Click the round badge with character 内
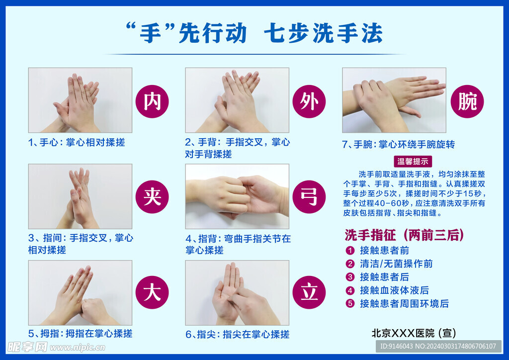click(x=152, y=101)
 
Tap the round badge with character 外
click(x=309, y=101)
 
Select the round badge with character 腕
click(x=467, y=101)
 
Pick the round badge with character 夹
click(x=152, y=197)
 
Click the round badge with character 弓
click(x=309, y=197)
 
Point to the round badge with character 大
click(x=152, y=292)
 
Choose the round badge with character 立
click(x=309, y=292)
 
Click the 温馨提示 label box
click(x=413, y=161)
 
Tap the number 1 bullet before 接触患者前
click(x=350, y=251)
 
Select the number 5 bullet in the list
click(x=350, y=303)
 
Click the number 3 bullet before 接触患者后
click(x=350, y=277)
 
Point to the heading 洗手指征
click(x=370, y=235)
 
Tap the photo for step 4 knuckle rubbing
click(x=237, y=196)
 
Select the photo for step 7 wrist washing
click(x=394, y=100)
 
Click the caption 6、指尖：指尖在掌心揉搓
click(x=237, y=334)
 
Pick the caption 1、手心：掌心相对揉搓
click(x=77, y=142)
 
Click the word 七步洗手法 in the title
click(x=323, y=33)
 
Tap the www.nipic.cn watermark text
click(x=77, y=348)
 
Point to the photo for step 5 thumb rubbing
click(x=80, y=293)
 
